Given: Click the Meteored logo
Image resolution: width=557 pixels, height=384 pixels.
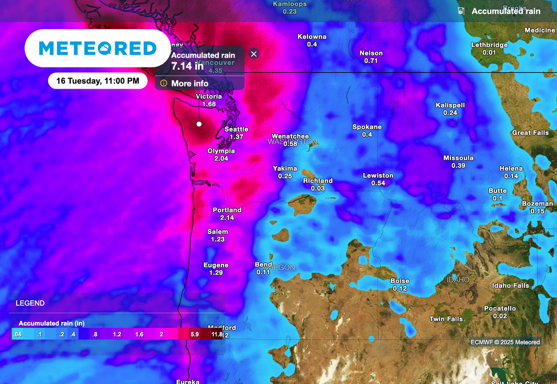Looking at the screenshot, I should [97, 48].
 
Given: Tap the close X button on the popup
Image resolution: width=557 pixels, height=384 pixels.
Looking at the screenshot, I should [253, 54].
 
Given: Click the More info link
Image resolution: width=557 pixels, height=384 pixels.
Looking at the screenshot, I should [189, 83].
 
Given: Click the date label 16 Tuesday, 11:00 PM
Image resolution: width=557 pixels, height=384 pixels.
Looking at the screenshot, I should [97, 81].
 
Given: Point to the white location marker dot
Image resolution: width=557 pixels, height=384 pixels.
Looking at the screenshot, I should [199, 124].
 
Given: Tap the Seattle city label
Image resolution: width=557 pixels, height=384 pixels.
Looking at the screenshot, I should [237, 129].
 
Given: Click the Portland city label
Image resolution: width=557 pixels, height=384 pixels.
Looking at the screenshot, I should [227, 210].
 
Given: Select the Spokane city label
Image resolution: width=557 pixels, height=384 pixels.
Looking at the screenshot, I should [367, 127].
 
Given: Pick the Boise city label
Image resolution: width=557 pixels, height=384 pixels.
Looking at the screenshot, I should [400, 281].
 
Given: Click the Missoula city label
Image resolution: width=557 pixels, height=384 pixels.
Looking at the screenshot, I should [458, 158].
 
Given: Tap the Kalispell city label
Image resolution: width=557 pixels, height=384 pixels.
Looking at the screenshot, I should [450, 105].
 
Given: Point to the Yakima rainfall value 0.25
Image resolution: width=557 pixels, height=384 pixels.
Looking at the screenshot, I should [285, 176].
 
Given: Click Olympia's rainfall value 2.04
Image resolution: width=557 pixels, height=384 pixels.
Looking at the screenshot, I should [221, 159].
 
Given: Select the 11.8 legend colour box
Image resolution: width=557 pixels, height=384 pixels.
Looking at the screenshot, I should [216, 335].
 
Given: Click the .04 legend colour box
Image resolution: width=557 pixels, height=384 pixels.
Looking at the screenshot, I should [17, 335].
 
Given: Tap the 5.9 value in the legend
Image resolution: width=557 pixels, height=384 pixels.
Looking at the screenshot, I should [194, 335].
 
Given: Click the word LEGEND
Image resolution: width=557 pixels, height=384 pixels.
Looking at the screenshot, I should [30, 303].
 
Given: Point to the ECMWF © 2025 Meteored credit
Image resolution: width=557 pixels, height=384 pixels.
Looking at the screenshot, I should [505, 342].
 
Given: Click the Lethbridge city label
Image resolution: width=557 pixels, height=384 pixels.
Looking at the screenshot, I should [489, 45].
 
